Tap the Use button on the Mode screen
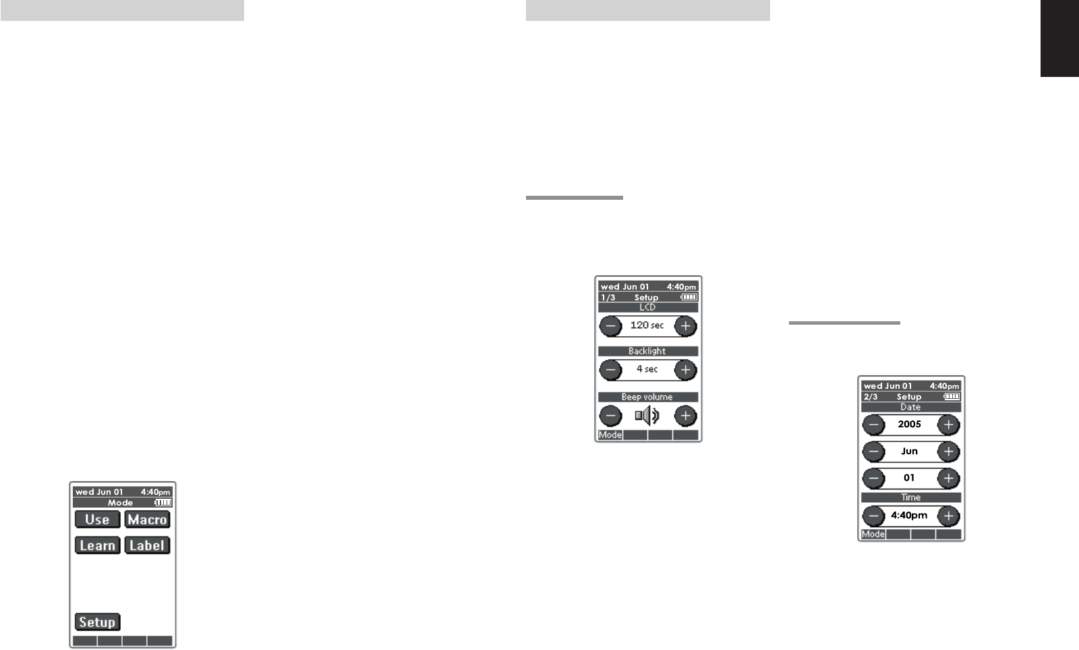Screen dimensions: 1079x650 [97, 519]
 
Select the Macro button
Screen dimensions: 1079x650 [147, 519]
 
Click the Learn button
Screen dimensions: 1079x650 [97, 545]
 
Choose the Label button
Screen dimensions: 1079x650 [147, 545]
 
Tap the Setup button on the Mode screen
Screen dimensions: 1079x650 [97, 622]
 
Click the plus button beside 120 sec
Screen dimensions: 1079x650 [685, 326]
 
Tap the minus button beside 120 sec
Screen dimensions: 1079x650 [610, 326]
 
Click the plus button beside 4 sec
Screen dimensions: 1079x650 [685, 370]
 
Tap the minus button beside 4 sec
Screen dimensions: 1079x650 [610, 370]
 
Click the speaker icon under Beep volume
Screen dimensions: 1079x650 [647, 416]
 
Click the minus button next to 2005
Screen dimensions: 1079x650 [873, 425]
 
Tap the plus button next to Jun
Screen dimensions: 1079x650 [948, 452]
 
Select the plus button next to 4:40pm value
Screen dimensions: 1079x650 [948, 516]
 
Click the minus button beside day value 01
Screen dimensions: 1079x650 [873, 479]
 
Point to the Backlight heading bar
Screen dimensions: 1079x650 [647, 351]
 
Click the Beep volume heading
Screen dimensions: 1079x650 [647, 397]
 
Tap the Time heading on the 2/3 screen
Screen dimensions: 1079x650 [910, 497]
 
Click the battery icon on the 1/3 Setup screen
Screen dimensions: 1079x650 [689, 297]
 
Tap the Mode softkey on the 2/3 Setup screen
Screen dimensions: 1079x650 [873, 534]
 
